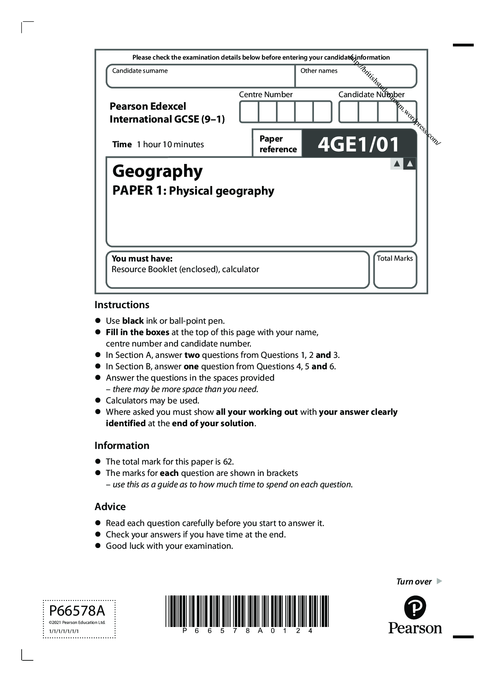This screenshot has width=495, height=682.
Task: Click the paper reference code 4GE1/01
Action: click(x=358, y=144)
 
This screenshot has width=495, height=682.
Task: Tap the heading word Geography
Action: click(x=158, y=171)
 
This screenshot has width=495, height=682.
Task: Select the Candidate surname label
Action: click(x=140, y=71)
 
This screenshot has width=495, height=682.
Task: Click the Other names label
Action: click(x=319, y=71)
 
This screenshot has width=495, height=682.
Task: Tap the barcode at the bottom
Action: click(x=247, y=611)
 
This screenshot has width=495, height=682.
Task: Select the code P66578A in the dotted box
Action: click(x=77, y=611)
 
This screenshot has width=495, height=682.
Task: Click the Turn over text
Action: click(x=414, y=581)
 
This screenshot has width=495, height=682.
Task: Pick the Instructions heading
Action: click(x=122, y=305)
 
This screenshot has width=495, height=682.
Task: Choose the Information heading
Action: click(x=122, y=446)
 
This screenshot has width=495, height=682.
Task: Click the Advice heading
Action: click(x=110, y=507)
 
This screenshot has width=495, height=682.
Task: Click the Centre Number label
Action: click(x=266, y=95)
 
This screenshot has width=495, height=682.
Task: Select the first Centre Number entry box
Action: click(x=249, y=112)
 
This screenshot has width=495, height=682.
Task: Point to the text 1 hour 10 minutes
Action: click(x=170, y=145)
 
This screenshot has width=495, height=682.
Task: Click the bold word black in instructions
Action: click(x=133, y=321)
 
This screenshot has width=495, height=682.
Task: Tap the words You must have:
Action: click(x=142, y=259)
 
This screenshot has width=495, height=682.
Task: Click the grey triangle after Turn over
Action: click(x=439, y=581)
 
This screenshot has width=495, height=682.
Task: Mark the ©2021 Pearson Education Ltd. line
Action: click(x=77, y=622)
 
